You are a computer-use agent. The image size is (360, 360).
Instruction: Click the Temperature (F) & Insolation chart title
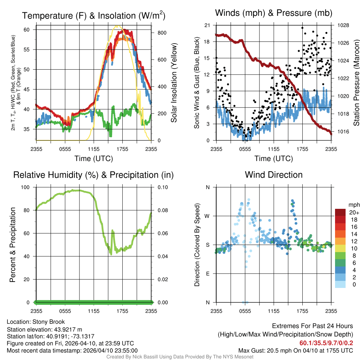pyautogui.click(x=94, y=15)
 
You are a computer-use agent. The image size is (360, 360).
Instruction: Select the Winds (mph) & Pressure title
pyautogui.click(x=274, y=13)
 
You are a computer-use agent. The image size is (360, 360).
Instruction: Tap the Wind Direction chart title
pyautogui.click(x=274, y=175)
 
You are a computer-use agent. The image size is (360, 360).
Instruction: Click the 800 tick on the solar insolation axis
pyautogui.click(x=162, y=33)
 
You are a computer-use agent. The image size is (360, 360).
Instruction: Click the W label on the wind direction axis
pyautogui.click(x=207, y=216)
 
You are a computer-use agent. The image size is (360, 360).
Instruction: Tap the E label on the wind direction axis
pyautogui.click(x=207, y=274)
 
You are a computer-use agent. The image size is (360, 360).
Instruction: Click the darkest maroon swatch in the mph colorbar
pyautogui.click(x=340, y=212)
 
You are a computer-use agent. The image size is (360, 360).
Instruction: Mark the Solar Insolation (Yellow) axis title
pyautogui.click(x=174, y=83)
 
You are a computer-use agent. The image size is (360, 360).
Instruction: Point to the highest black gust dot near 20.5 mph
pyautogui.click(x=302, y=28)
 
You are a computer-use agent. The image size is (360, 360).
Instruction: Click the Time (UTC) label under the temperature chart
pyautogui.click(x=94, y=159)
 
